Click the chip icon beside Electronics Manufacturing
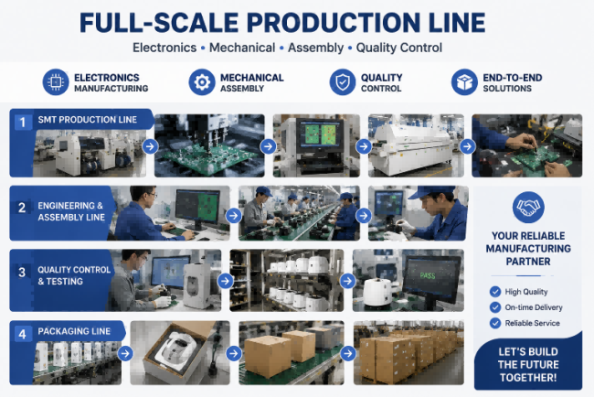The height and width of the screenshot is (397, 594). (56, 82)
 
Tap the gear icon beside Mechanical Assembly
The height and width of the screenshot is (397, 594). (202, 82)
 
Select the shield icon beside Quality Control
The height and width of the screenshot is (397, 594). (343, 82)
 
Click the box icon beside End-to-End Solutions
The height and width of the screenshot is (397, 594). (464, 82)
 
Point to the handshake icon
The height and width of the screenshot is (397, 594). (528, 207)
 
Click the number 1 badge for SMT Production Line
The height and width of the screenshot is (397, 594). (22, 122)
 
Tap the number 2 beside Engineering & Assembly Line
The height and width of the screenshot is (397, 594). (22, 208)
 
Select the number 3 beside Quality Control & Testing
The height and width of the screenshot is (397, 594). (22, 272)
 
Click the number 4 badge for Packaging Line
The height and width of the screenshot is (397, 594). (22, 334)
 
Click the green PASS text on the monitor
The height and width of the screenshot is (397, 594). (428, 275)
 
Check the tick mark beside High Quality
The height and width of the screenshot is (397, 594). (495, 292)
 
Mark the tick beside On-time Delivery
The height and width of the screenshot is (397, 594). (495, 307)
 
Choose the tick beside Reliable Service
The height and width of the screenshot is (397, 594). (495, 323)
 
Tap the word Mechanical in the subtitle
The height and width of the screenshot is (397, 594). (242, 48)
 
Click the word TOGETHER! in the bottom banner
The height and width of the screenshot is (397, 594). (528, 378)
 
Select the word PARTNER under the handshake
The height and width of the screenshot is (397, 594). (528, 262)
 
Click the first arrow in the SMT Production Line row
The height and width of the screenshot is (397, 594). (151, 146)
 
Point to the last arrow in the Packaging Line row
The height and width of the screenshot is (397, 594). (348, 354)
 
